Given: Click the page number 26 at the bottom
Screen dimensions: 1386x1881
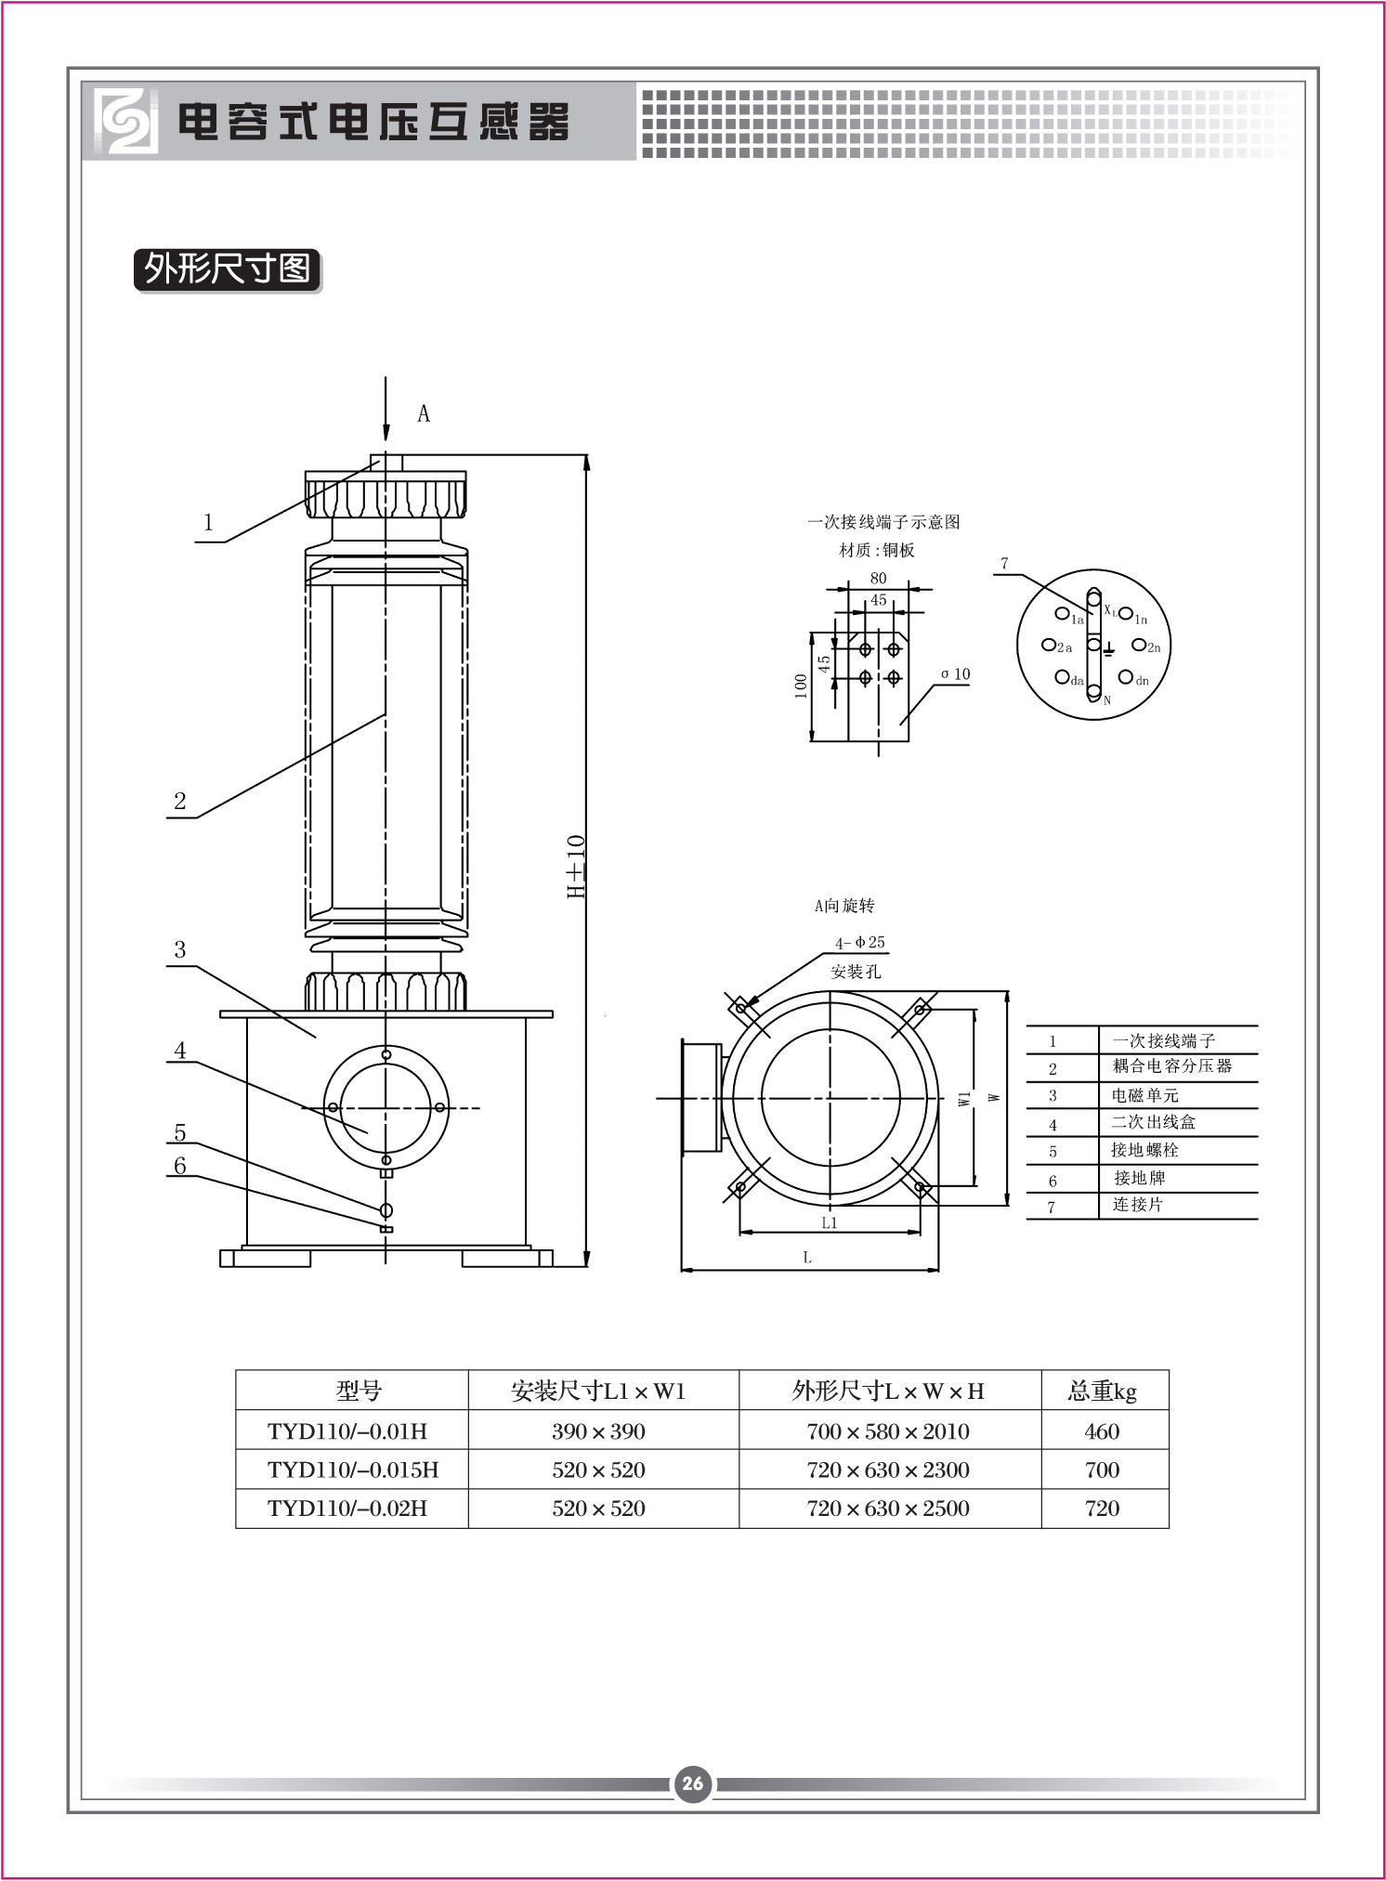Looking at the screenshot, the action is pyautogui.click(x=693, y=1783).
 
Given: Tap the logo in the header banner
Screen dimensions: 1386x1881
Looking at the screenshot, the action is pyautogui.click(x=124, y=121).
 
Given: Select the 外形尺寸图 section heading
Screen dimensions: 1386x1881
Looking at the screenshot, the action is pyautogui.click(x=228, y=269).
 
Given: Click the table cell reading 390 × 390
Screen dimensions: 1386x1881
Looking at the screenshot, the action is pyautogui.click(x=598, y=1431).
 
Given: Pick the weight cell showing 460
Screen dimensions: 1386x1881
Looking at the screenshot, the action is pyautogui.click(x=1102, y=1431).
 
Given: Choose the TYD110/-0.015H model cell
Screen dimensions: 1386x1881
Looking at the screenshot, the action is pyautogui.click(x=352, y=1470).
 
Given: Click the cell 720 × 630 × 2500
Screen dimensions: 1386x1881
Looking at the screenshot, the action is pyautogui.click(x=888, y=1509).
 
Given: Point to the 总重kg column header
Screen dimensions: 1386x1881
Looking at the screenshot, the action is pyautogui.click(x=1103, y=1391).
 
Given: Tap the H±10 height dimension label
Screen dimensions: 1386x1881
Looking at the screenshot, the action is pyautogui.click(x=576, y=867).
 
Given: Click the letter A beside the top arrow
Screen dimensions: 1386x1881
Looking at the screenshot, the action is pyautogui.click(x=424, y=414).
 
